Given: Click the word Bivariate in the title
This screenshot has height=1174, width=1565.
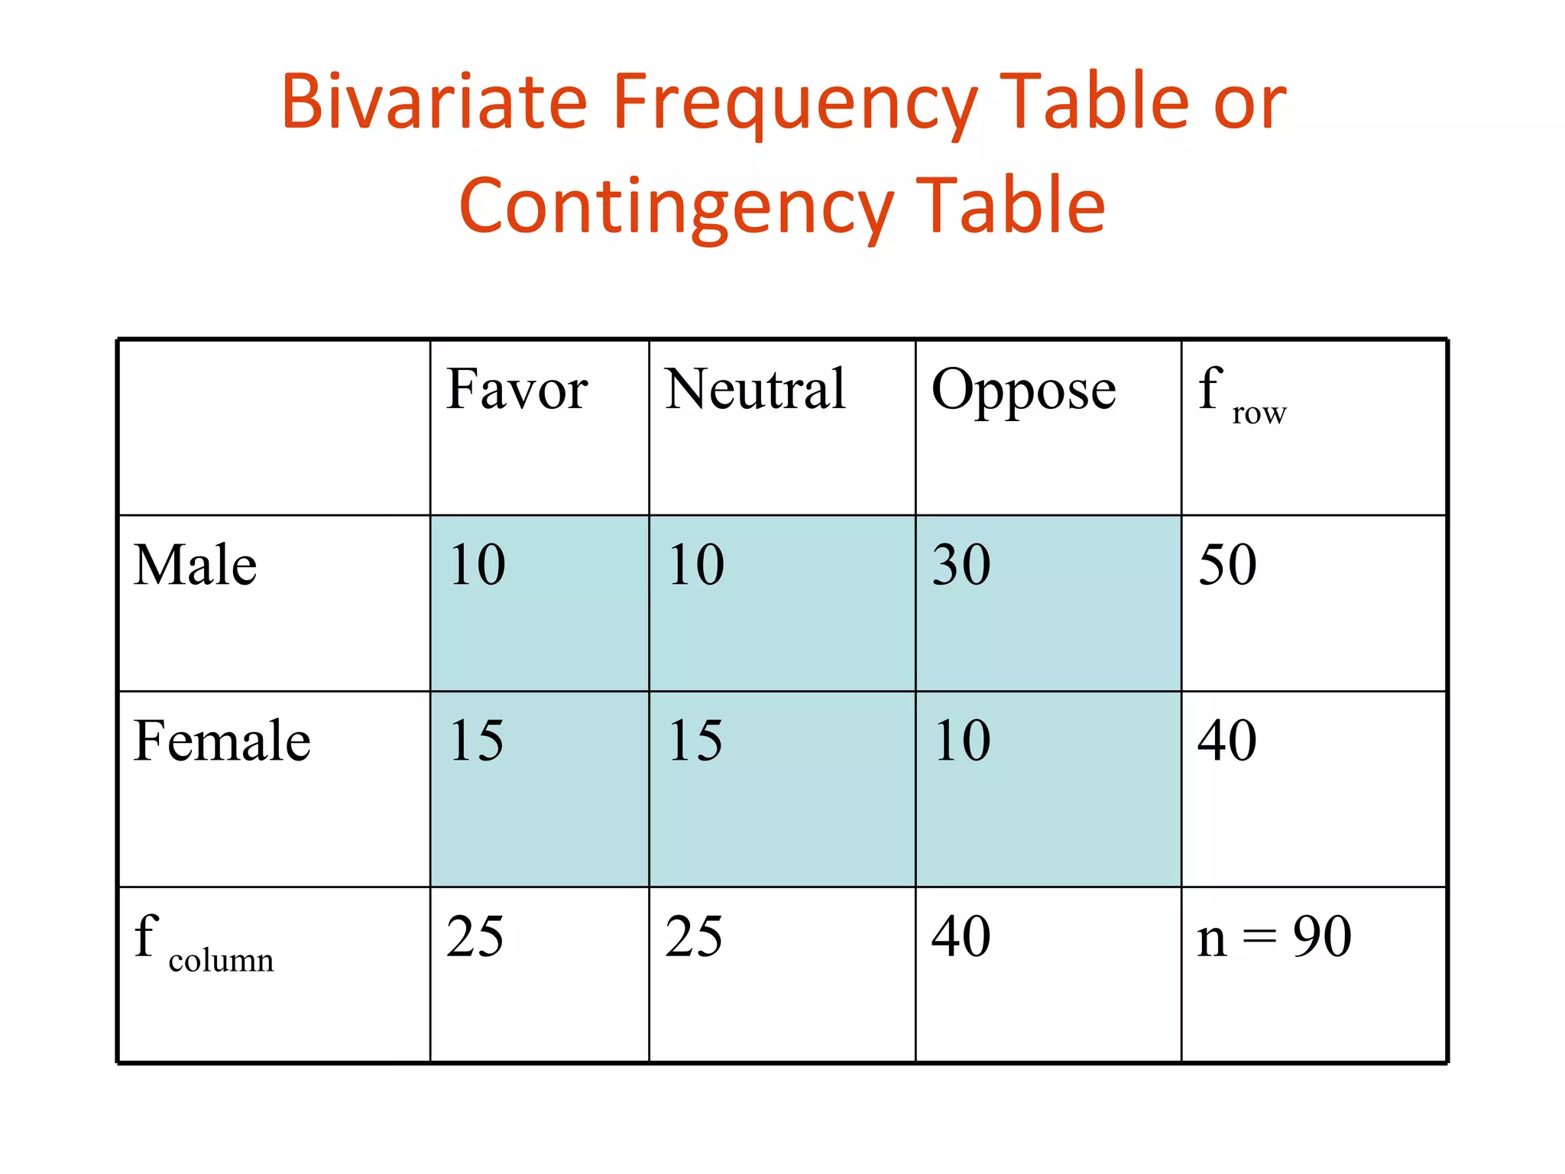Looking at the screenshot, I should click(x=434, y=101).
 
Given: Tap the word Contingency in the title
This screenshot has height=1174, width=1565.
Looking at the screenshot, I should click(x=676, y=205).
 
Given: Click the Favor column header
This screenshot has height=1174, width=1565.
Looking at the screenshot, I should click(x=517, y=389).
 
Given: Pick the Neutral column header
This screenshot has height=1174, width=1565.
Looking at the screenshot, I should click(x=755, y=389).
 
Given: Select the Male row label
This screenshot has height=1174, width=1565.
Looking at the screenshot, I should click(x=195, y=565).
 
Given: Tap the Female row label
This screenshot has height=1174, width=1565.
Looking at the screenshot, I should click(x=222, y=741).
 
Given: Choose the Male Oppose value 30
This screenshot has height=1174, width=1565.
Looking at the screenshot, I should click(x=961, y=565).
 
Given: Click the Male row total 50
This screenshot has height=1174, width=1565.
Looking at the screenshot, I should click(x=1227, y=565).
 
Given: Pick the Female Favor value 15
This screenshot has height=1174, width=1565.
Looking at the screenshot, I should click(x=476, y=741).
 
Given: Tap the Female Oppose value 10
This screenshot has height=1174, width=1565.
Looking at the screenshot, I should click(x=961, y=741).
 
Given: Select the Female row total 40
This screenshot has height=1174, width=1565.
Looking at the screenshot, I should click(x=1227, y=741).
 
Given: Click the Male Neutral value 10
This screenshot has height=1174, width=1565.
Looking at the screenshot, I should click(x=695, y=565).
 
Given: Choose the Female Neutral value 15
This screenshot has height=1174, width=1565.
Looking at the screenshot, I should click(x=695, y=741).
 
